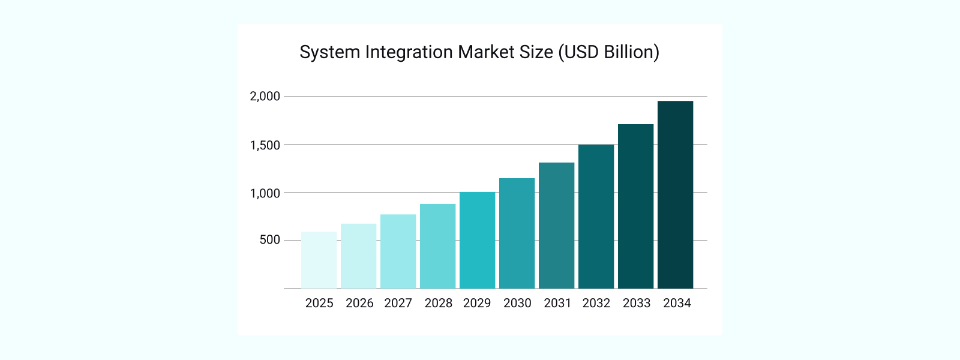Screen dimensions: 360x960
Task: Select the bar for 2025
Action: [319, 260]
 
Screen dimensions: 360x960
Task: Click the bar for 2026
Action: [358, 256]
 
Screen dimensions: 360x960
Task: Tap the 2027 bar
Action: [398, 251]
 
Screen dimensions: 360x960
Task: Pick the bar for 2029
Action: [477, 240]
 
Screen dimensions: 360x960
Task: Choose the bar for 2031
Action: [556, 226]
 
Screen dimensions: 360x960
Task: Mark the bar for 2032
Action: [596, 217]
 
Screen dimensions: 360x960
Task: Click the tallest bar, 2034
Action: [675, 195]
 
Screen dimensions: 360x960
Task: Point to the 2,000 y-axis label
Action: [265, 96]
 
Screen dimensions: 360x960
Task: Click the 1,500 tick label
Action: [265, 145]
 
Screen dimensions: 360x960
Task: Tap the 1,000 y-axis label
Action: [265, 193]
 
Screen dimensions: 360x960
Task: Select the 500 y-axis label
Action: [270, 240]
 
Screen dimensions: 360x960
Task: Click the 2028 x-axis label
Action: [438, 303]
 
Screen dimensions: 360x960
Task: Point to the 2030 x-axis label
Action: [517, 303]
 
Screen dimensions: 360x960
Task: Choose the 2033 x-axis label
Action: [637, 303]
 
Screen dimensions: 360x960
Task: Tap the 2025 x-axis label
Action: [319, 303]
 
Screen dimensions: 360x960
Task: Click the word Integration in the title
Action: [409, 52]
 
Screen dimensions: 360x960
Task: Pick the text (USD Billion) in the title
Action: [608, 52]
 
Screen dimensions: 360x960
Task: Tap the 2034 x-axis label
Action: [677, 303]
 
